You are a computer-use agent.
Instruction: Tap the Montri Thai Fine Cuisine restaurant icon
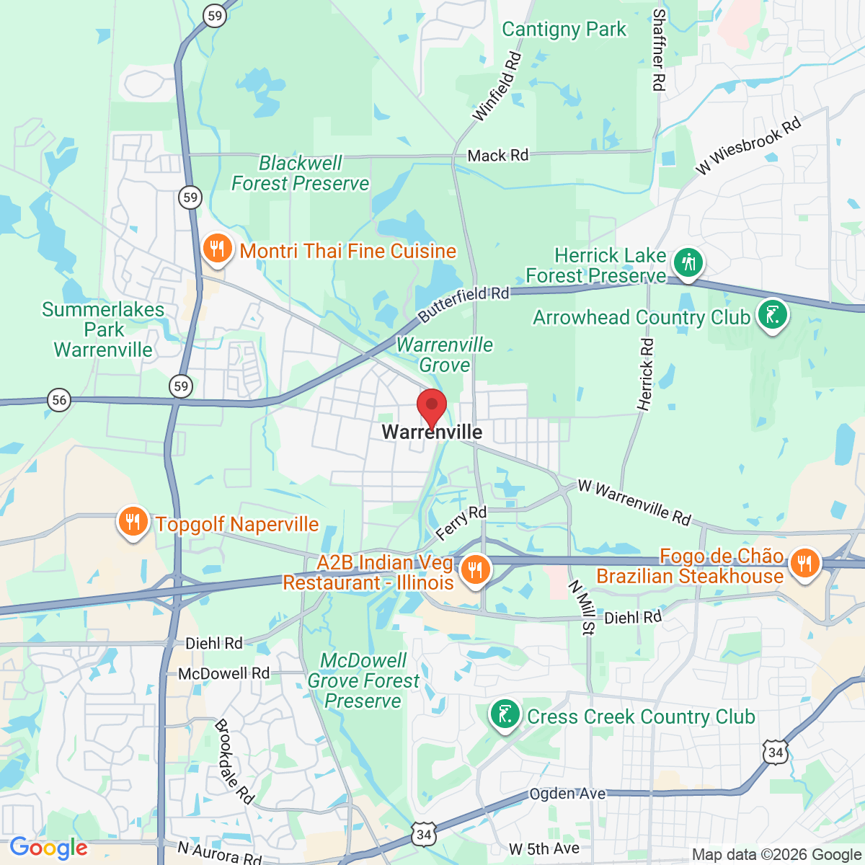click(x=216, y=249)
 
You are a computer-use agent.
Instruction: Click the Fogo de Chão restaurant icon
click(x=804, y=563)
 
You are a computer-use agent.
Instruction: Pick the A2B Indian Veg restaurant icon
click(x=474, y=570)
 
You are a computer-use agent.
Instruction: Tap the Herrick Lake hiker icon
click(x=688, y=262)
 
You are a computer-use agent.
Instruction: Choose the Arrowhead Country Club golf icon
click(x=773, y=316)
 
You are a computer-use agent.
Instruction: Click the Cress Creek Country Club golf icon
click(x=505, y=715)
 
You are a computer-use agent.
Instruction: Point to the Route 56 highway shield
click(x=59, y=400)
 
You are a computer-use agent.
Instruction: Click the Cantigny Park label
click(x=564, y=30)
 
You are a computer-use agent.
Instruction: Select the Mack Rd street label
click(x=497, y=155)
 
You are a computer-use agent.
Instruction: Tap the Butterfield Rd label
click(x=463, y=304)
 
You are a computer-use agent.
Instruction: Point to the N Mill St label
click(x=581, y=608)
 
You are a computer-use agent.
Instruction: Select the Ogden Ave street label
click(x=567, y=794)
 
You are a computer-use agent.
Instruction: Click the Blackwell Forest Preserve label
click(x=300, y=174)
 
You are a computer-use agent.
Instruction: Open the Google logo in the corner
click(x=48, y=848)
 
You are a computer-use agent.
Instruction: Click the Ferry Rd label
click(x=461, y=523)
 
